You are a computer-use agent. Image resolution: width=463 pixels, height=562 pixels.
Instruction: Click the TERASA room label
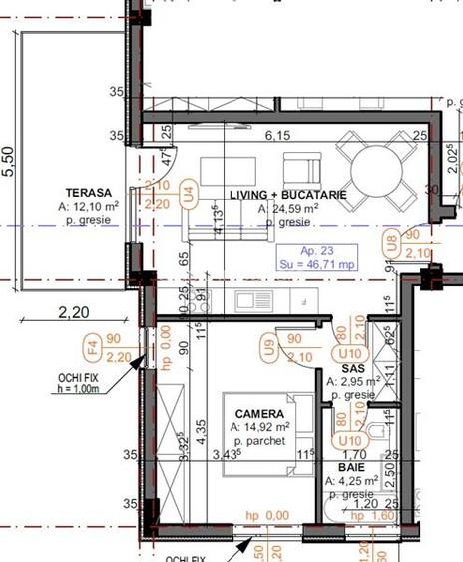click(89, 193)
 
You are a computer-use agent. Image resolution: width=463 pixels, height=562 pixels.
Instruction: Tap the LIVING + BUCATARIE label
click(287, 195)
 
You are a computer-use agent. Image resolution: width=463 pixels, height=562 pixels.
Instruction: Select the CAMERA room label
click(259, 413)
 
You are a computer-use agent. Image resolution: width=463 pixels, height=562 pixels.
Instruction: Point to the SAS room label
click(339, 368)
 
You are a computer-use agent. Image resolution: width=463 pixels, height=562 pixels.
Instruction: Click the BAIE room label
click(350, 466)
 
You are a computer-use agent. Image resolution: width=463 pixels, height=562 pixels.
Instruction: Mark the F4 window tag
click(91, 349)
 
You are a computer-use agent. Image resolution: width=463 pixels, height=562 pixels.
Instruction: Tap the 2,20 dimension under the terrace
click(73, 312)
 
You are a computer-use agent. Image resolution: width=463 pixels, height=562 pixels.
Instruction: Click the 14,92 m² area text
click(261, 426)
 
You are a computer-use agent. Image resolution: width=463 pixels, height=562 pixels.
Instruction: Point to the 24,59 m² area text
click(290, 209)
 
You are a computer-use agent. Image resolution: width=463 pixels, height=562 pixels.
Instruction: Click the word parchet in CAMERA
click(262, 441)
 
